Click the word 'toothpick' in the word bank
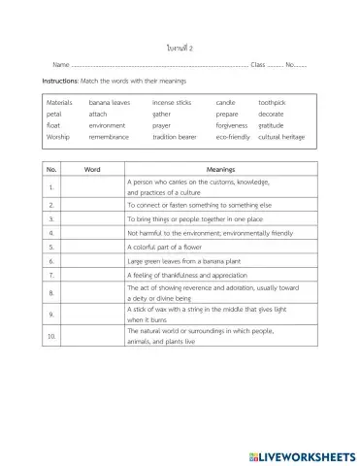272,101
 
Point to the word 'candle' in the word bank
225,101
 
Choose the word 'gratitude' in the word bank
272,125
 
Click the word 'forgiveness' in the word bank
234,125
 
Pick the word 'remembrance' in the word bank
112,138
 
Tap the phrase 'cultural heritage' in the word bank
281,138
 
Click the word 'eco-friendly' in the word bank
235,138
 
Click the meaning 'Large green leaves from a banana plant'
184,261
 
